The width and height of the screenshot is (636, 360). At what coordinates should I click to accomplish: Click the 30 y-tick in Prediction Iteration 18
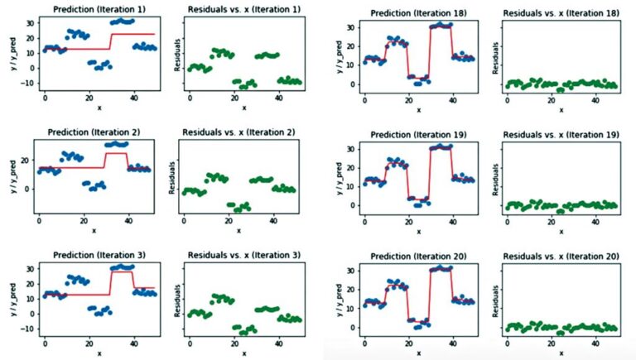[350, 27]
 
